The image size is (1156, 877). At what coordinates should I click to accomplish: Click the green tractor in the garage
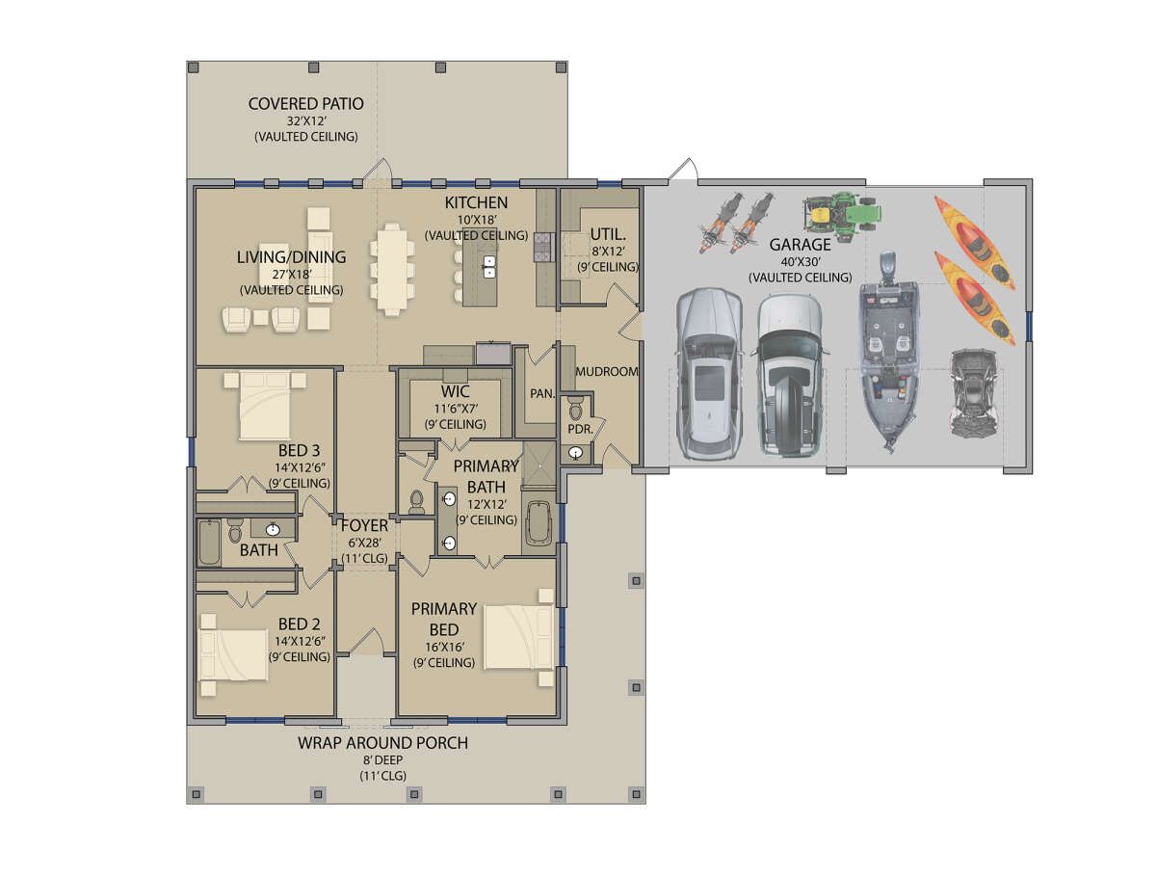[841, 214]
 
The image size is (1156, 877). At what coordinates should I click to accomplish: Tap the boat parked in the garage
[889, 352]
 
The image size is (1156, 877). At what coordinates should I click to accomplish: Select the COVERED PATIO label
[306, 104]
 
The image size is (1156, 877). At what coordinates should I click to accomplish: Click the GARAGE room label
[800, 245]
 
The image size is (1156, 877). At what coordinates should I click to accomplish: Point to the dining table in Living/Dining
[391, 269]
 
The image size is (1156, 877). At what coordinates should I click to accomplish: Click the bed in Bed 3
[265, 405]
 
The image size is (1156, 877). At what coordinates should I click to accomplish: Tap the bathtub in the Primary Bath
[539, 523]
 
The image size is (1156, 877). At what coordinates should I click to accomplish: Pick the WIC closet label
[455, 391]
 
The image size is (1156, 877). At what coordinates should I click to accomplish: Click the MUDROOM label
[607, 371]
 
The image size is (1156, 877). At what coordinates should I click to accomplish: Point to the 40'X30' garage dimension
[800, 261]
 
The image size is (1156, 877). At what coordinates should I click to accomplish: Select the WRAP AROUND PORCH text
[382, 743]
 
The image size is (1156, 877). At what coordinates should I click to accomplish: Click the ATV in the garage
[973, 393]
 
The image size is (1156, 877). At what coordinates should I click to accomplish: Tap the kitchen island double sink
[489, 267]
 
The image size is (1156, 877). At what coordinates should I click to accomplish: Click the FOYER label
[364, 525]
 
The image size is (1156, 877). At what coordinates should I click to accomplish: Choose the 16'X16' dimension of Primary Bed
[444, 647]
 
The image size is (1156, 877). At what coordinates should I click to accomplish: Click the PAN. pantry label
[542, 393]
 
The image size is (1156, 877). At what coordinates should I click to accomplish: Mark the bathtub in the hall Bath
[209, 543]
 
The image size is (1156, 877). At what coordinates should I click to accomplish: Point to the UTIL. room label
[608, 234]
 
